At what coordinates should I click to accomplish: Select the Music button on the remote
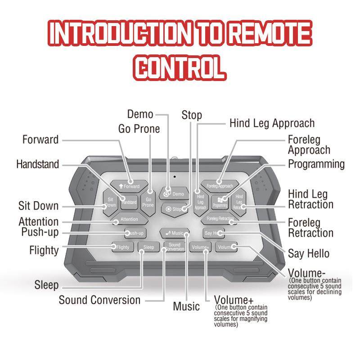click(x=175, y=233)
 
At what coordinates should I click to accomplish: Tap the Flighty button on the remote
click(x=121, y=247)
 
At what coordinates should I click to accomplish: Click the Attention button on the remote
click(x=127, y=220)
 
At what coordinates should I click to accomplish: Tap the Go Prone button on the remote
click(x=148, y=202)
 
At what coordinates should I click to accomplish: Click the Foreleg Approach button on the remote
click(x=220, y=185)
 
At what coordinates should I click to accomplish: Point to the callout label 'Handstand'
click(x=37, y=164)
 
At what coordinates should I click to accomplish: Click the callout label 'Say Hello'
click(x=309, y=253)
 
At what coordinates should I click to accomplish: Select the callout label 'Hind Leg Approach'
click(x=272, y=123)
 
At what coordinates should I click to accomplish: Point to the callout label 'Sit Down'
click(x=38, y=206)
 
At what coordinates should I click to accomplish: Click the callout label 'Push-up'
click(x=40, y=232)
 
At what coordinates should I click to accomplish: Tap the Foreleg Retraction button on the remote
click(x=219, y=220)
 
